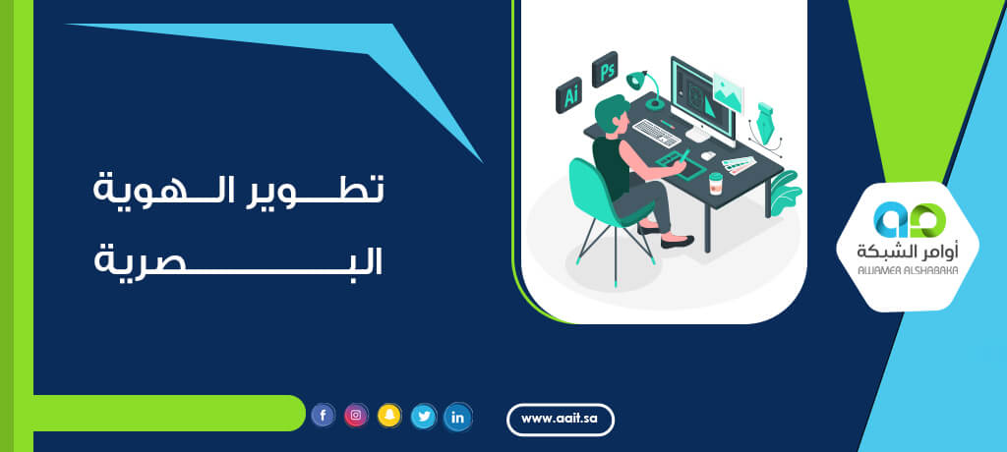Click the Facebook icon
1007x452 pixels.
pyautogui.click(x=323, y=416)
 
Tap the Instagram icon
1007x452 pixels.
pyautogui.click(x=356, y=416)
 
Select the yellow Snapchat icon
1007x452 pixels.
pyautogui.click(x=389, y=416)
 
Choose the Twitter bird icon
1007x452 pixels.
pyautogui.click(x=424, y=417)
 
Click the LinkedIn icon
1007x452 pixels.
pyautogui.click(x=458, y=418)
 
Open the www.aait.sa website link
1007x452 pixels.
pyautogui.click(x=561, y=420)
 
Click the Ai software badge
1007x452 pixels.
pyautogui.click(x=569, y=95)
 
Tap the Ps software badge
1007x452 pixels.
pyautogui.click(x=605, y=70)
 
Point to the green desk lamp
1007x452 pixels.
pyautogui.click(x=646, y=88)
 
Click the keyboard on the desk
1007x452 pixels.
pyautogui.click(x=657, y=133)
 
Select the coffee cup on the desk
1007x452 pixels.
pyautogui.click(x=716, y=183)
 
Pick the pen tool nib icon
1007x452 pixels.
pyautogui.click(x=764, y=123)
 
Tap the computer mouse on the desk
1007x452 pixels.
pyautogui.click(x=708, y=155)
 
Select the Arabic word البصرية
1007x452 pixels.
pyautogui.click(x=238, y=258)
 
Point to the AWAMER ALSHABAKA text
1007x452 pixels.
pyautogui.click(x=908, y=270)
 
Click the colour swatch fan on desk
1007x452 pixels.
pyautogui.click(x=739, y=165)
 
